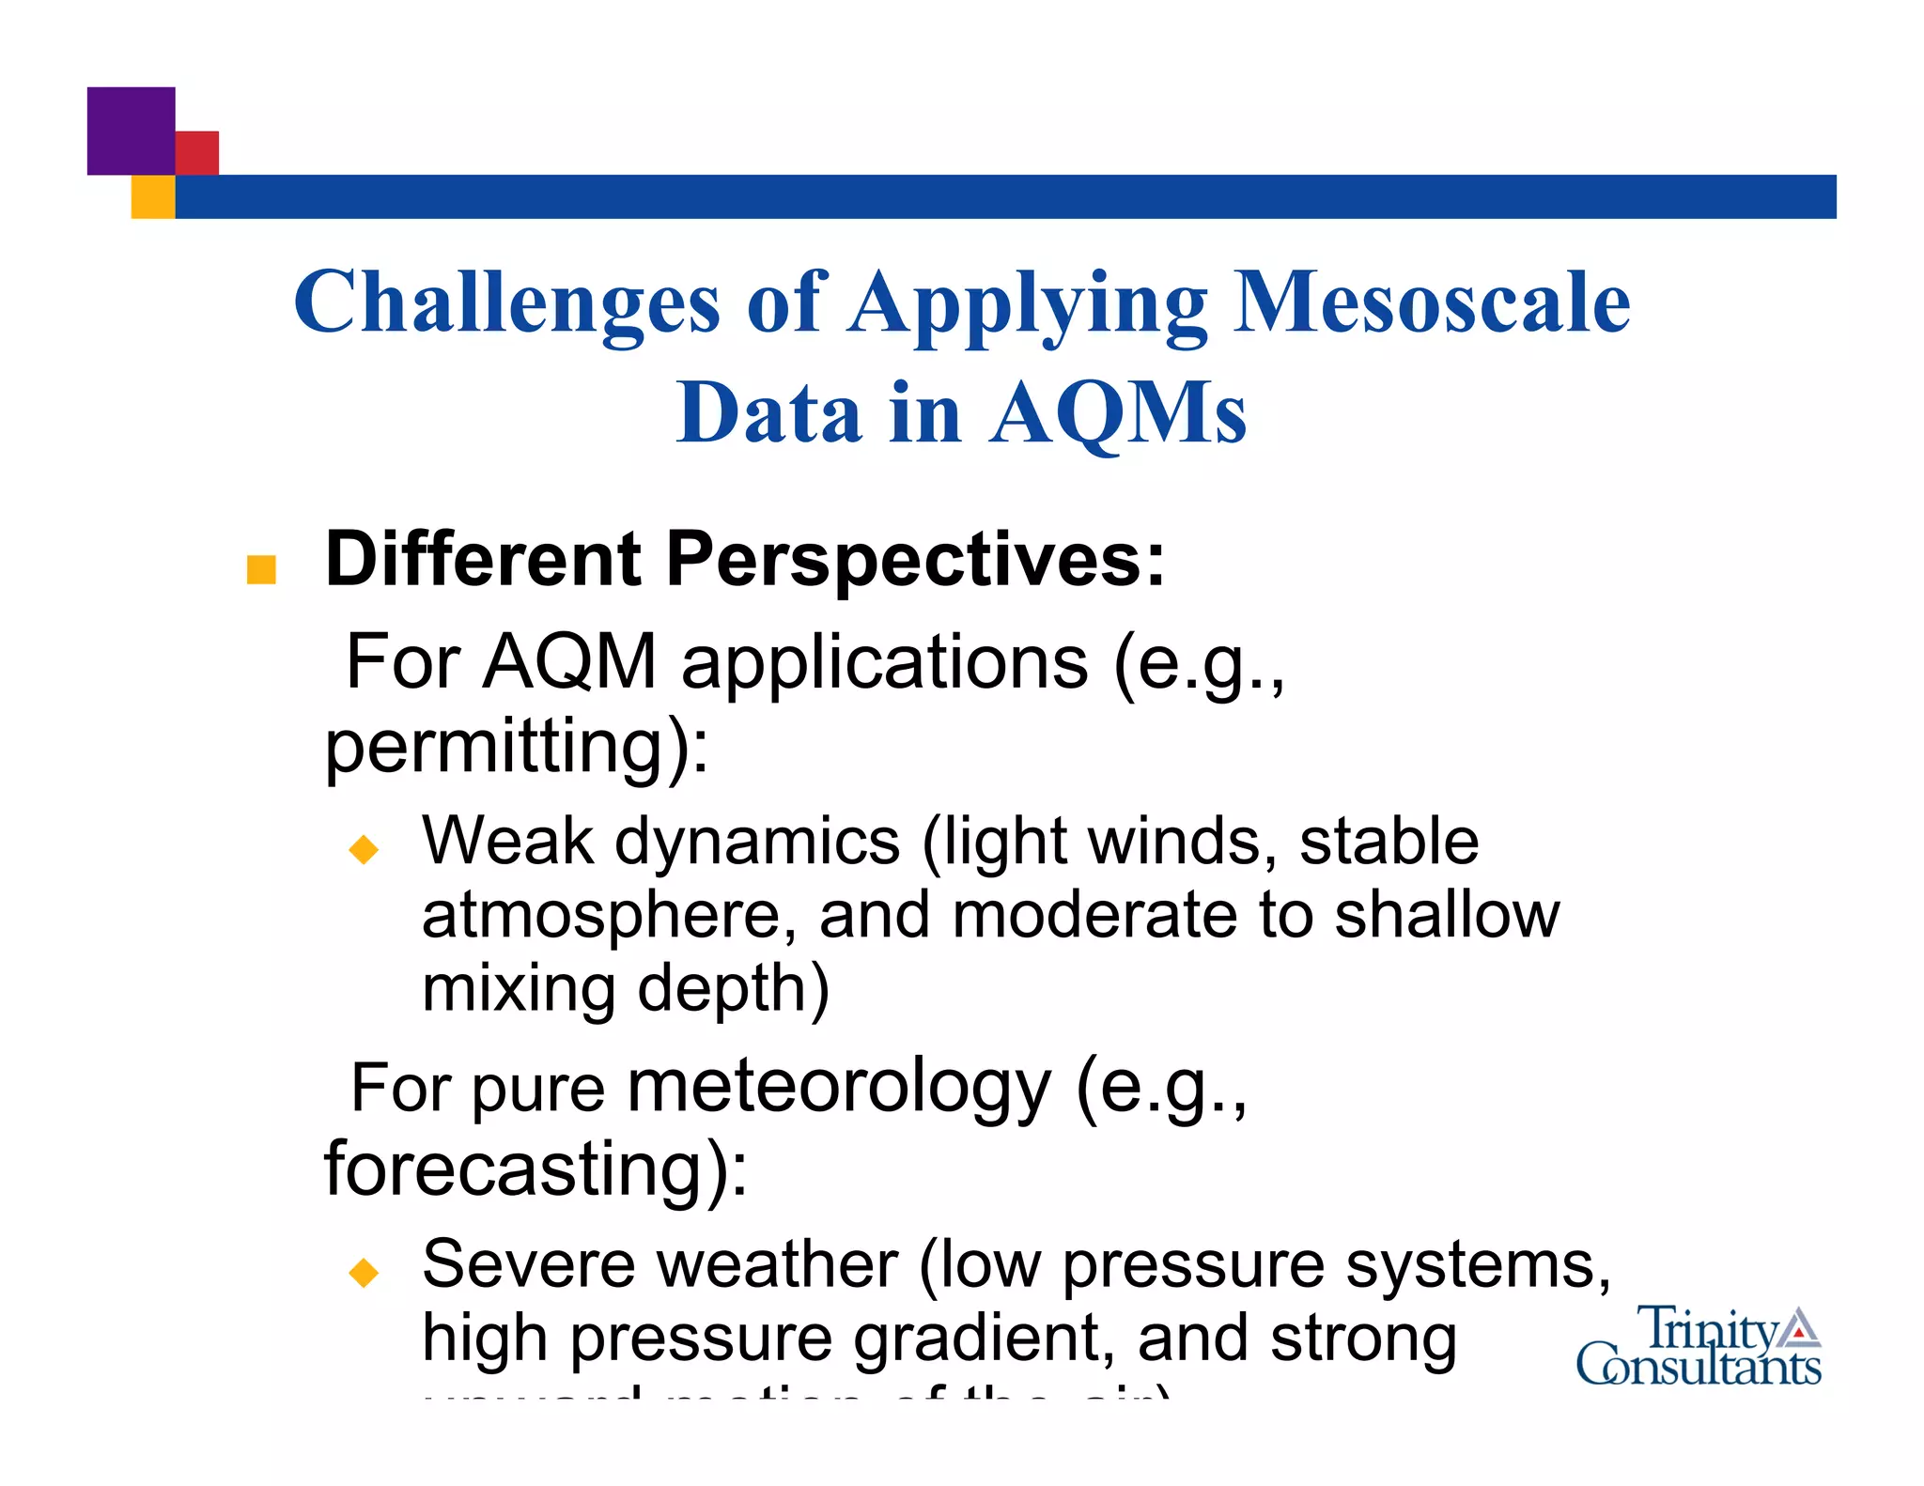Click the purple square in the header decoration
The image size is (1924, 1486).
[x=131, y=130]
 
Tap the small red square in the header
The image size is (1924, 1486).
[x=198, y=152]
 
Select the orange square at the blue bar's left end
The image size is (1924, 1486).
[x=152, y=197]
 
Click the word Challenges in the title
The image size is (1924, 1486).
[x=506, y=302]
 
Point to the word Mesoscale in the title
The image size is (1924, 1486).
[x=1431, y=302]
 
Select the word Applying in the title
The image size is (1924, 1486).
[x=1028, y=302]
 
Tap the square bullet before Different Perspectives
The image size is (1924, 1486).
[x=260, y=569]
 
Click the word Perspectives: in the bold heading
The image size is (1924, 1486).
[x=915, y=560]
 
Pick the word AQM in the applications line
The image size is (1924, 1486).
[x=569, y=662]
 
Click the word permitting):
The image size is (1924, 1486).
[x=517, y=747]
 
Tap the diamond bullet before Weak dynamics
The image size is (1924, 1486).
[x=363, y=849]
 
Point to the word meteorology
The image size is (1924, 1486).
[x=838, y=1088]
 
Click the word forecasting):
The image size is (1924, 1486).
[x=535, y=1169]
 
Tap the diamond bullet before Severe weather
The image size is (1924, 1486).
[x=363, y=1273]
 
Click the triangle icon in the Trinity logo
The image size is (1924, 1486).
[x=1798, y=1326]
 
